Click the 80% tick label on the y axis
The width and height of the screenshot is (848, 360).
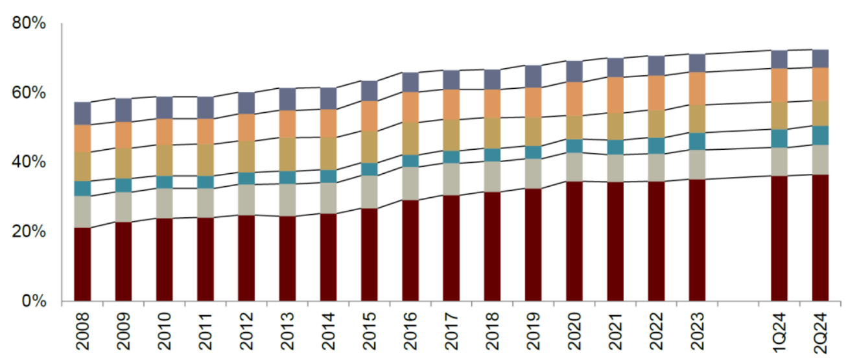pyautogui.click(x=29, y=25)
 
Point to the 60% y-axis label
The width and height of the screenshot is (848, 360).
pyautogui.click(x=29, y=93)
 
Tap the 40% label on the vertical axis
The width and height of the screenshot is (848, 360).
pyautogui.click(x=29, y=162)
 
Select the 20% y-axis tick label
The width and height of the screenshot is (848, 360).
pyautogui.click(x=29, y=232)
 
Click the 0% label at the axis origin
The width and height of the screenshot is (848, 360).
pyautogui.click(x=34, y=301)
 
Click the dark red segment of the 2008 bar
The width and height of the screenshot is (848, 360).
pyautogui.click(x=82, y=265)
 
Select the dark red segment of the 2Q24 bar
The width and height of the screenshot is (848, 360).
pyautogui.click(x=820, y=238)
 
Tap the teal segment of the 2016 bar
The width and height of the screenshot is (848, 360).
pyautogui.click(x=410, y=161)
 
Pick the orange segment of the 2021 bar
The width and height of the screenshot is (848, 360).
pyautogui.click(x=615, y=95)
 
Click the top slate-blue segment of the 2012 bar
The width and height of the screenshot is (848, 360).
pyautogui.click(x=246, y=102)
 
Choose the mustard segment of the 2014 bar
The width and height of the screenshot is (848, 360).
pyautogui.click(x=328, y=153)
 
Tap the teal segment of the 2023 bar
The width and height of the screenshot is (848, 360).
pyautogui.click(x=697, y=141)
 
